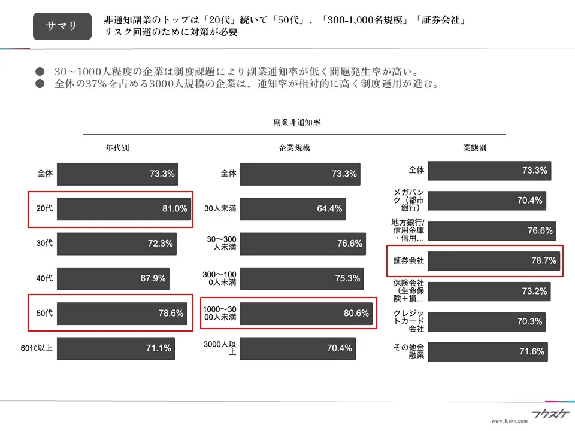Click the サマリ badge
point(62,26)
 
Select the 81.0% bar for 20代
point(124,209)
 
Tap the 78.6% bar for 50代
point(121,313)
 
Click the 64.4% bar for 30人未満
point(293,209)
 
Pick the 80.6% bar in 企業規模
point(306,313)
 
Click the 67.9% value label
point(152,278)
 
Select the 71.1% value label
point(159,348)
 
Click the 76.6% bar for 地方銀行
point(491,231)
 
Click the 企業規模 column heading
point(295,148)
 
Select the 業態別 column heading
point(475,148)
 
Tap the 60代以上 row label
point(37,348)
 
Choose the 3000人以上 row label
point(220,348)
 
